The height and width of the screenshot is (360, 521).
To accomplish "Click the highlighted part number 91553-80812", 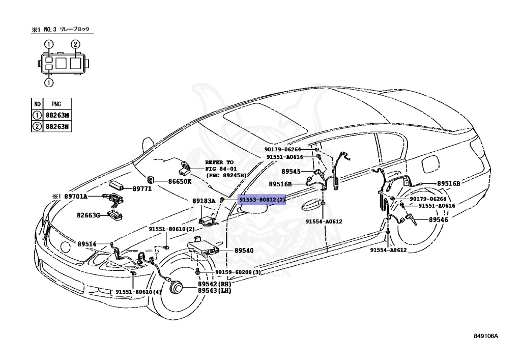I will pos(262,201).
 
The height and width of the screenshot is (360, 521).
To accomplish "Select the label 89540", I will pos(244,251).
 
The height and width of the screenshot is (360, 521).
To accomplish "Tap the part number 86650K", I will pos(180,181).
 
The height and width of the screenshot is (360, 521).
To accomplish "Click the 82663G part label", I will pos(90,215).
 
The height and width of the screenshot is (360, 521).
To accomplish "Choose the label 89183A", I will pos(204,201).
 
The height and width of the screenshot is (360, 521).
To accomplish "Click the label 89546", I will pos(438,219).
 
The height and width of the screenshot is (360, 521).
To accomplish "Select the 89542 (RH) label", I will pos(214,284).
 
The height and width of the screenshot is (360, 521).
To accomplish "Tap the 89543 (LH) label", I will pos(214,291).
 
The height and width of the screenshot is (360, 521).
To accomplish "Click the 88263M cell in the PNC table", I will pos(56,115).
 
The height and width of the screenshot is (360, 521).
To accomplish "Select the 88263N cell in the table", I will pos(56,125).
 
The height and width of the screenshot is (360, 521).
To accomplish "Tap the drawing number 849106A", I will pos(486,336).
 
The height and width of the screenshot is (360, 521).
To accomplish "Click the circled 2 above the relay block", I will pos(75,44).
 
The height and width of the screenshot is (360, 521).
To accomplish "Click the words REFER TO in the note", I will pos(219,161).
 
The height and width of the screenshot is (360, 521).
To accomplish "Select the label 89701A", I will pos(76,196).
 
